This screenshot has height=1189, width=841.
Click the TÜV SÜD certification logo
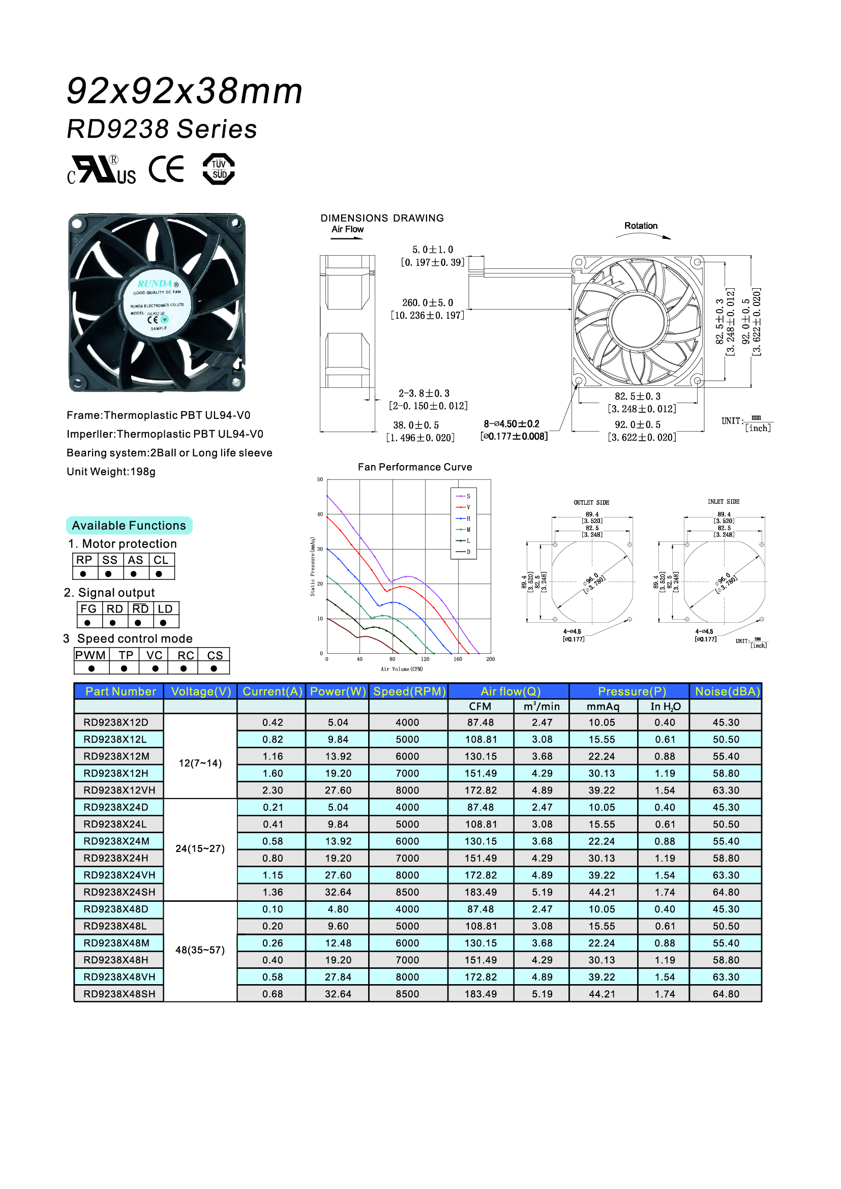pyautogui.click(x=219, y=169)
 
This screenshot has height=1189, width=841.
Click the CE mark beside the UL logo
pyautogui.click(x=166, y=169)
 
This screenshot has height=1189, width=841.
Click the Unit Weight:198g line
pyautogui.click(x=111, y=472)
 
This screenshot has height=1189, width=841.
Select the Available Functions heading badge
pyautogui.click(x=129, y=526)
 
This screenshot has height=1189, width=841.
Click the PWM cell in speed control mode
pyautogui.click(x=91, y=655)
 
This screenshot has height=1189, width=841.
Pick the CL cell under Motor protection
pyautogui.click(x=161, y=560)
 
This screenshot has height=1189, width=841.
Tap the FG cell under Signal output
pyautogui.click(x=88, y=609)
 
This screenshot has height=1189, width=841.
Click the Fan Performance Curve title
pyautogui.click(x=415, y=467)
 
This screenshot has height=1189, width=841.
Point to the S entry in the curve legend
pyautogui.click(x=468, y=496)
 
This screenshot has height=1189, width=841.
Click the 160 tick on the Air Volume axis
pyautogui.click(x=458, y=659)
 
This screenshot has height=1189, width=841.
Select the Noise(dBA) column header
pyautogui.click(x=727, y=691)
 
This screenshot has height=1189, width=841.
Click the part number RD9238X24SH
pyautogui.click(x=119, y=892)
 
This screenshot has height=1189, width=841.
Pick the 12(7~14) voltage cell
pyautogui.click(x=200, y=764)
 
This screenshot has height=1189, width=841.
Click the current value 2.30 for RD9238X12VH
pyautogui.click(x=273, y=790)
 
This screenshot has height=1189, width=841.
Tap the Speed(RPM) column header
pyautogui.click(x=409, y=691)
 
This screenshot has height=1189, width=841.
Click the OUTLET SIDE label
pyautogui.click(x=591, y=502)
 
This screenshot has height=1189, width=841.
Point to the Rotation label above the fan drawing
pyautogui.click(x=641, y=226)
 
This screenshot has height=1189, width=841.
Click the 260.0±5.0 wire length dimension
pyautogui.click(x=427, y=302)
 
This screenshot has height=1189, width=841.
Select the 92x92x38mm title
pyautogui.click(x=185, y=91)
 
